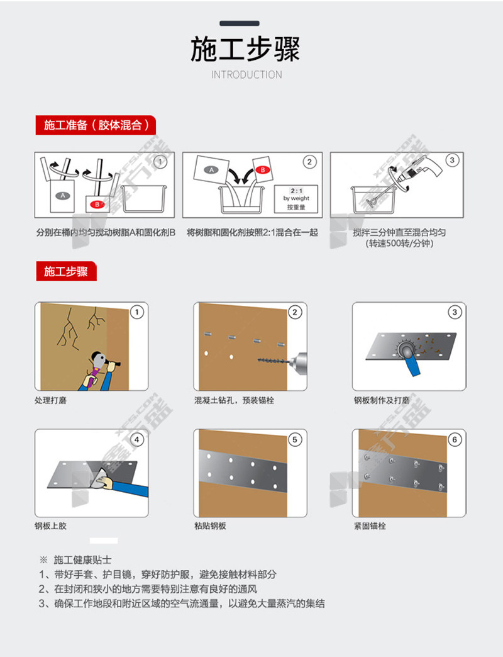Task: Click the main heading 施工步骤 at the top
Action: tap(246, 49)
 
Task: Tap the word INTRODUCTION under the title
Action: tap(246, 75)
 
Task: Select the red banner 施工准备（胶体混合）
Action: tap(96, 125)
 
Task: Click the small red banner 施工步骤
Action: tap(66, 271)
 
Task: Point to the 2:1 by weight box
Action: tap(296, 199)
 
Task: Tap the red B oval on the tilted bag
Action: tap(262, 170)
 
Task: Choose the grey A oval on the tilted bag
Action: tap(211, 170)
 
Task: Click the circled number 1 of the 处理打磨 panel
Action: tap(137, 312)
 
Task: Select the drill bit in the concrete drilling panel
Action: tap(274, 361)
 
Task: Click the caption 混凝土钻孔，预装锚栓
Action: tap(235, 400)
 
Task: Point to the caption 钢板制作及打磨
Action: tap(381, 400)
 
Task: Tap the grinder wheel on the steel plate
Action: tap(406, 348)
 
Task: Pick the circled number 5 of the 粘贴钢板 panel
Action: tap(295, 439)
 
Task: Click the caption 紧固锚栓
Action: tap(370, 526)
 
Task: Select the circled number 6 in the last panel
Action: tap(455, 439)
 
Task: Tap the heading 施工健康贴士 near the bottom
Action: tap(82, 560)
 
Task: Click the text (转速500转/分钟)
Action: tap(399, 244)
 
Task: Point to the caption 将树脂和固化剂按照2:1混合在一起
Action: tap(252, 232)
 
